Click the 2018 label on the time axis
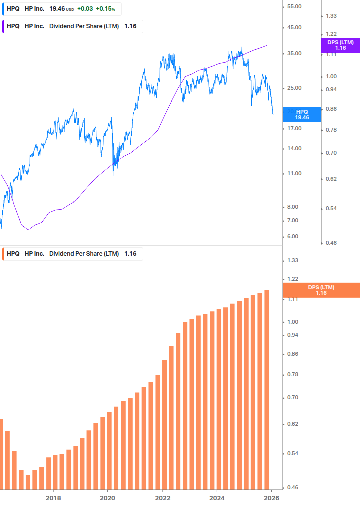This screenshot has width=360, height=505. (x=53, y=498)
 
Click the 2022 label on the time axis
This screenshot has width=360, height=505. (x=163, y=498)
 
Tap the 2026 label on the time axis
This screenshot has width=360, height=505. (x=271, y=498)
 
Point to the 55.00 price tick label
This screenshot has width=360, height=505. (x=293, y=6)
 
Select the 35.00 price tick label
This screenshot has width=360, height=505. (x=293, y=54)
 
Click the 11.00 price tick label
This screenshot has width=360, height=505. (x=293, y=174)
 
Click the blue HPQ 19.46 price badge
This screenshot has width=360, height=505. (x=302, y=114)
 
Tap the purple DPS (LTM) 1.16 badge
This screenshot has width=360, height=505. (x=340, y=45)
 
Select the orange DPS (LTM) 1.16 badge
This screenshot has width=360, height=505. (x=321, y=290)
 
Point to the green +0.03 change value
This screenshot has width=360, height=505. (x=85, y=9)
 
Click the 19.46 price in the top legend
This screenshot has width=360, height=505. (x=57, y=9)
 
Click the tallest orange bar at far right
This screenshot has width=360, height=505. (x=266, y=389)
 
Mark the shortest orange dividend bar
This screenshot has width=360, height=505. (x=28, y=482)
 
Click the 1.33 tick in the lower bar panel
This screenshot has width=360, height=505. (x=293, y=260)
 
